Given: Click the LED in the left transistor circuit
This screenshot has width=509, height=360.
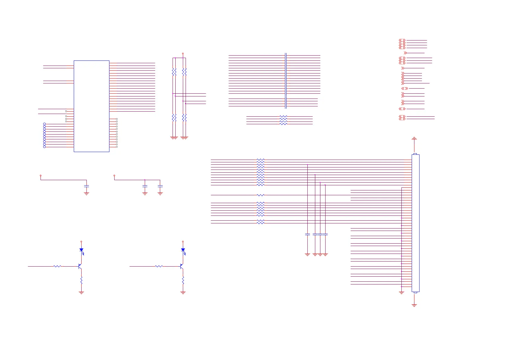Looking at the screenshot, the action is tap(81, 250).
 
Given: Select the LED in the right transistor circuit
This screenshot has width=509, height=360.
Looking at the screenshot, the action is tap(183, 250).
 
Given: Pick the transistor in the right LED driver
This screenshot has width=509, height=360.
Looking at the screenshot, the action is tap(181, 266).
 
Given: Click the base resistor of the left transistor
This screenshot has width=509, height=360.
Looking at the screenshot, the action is tap(57, 266).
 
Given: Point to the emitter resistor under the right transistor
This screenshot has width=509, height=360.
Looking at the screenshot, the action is tap(183, 281).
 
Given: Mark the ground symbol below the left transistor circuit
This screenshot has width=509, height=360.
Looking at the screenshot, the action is tap(81, 293).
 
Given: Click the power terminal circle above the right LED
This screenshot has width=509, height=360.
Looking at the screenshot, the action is tap(183, 242).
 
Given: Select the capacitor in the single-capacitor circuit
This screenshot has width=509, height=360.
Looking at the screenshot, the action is tap(86, 186).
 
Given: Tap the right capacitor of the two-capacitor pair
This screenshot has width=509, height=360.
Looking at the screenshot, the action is tap(160, 186).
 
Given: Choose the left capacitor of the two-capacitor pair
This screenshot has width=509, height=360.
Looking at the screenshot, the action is tap(145, 186).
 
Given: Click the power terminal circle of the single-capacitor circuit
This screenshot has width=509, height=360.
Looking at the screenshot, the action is tap(41, 175).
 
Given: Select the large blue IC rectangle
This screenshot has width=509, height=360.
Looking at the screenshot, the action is tap(91, 106).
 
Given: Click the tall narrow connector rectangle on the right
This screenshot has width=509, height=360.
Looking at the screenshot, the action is tap(415, 223).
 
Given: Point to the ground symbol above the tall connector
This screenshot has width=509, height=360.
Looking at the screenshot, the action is tap(414, 138).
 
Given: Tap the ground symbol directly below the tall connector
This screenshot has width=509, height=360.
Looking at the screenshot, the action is tap(414, 305).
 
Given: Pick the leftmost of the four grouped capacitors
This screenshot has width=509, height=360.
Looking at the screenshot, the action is tap(307, 234).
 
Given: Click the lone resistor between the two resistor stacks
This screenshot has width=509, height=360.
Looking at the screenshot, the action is tap(260, 195).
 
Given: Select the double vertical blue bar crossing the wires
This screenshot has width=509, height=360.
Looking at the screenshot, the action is tap(286, 81).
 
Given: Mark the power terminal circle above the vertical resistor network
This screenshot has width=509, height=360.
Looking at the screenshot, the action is tap(183, 54).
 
